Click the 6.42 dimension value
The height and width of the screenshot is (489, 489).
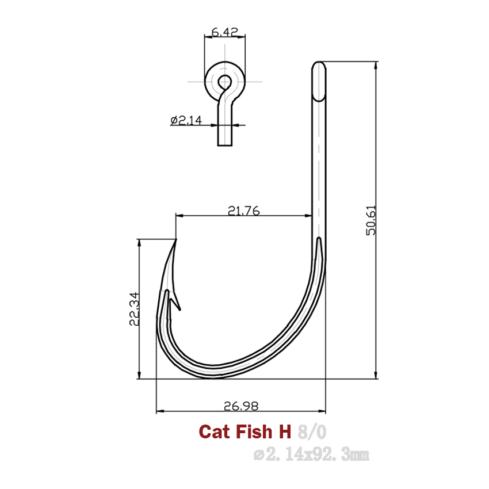click(225, 32)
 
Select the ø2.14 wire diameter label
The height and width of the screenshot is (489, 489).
click(185, 120)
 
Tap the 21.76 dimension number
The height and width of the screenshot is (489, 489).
click(243, 211)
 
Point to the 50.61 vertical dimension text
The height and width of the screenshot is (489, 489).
click(371, 221)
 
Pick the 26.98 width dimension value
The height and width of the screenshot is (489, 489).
click(240, 406)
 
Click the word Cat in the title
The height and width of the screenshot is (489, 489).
click(213, 431)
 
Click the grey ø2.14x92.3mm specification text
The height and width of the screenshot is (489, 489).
click(311, 455)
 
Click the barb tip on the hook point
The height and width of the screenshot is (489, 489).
click(179, 310)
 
